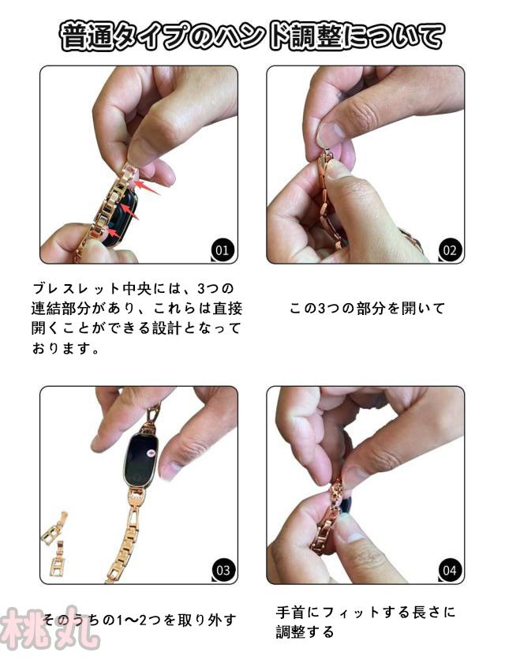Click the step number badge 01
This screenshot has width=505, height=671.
click(222, 249)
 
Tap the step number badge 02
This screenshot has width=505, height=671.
click(450, 249)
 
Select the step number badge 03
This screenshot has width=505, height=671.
click(223, 570)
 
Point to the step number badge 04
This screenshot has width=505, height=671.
click(450, 570)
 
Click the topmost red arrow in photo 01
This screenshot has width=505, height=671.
click(146, 186)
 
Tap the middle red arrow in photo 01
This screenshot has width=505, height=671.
click(129, 212)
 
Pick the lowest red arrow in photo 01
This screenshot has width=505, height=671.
click(114, 233)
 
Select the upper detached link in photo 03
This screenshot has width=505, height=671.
click(54, 528)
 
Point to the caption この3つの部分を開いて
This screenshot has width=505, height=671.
click(367, 308)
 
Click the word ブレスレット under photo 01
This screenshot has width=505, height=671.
click(75, 288)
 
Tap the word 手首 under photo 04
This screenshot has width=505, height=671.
click(291, 612)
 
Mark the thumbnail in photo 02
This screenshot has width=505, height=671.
click(331, 133)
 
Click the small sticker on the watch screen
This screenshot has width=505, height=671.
click(150, 452)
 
